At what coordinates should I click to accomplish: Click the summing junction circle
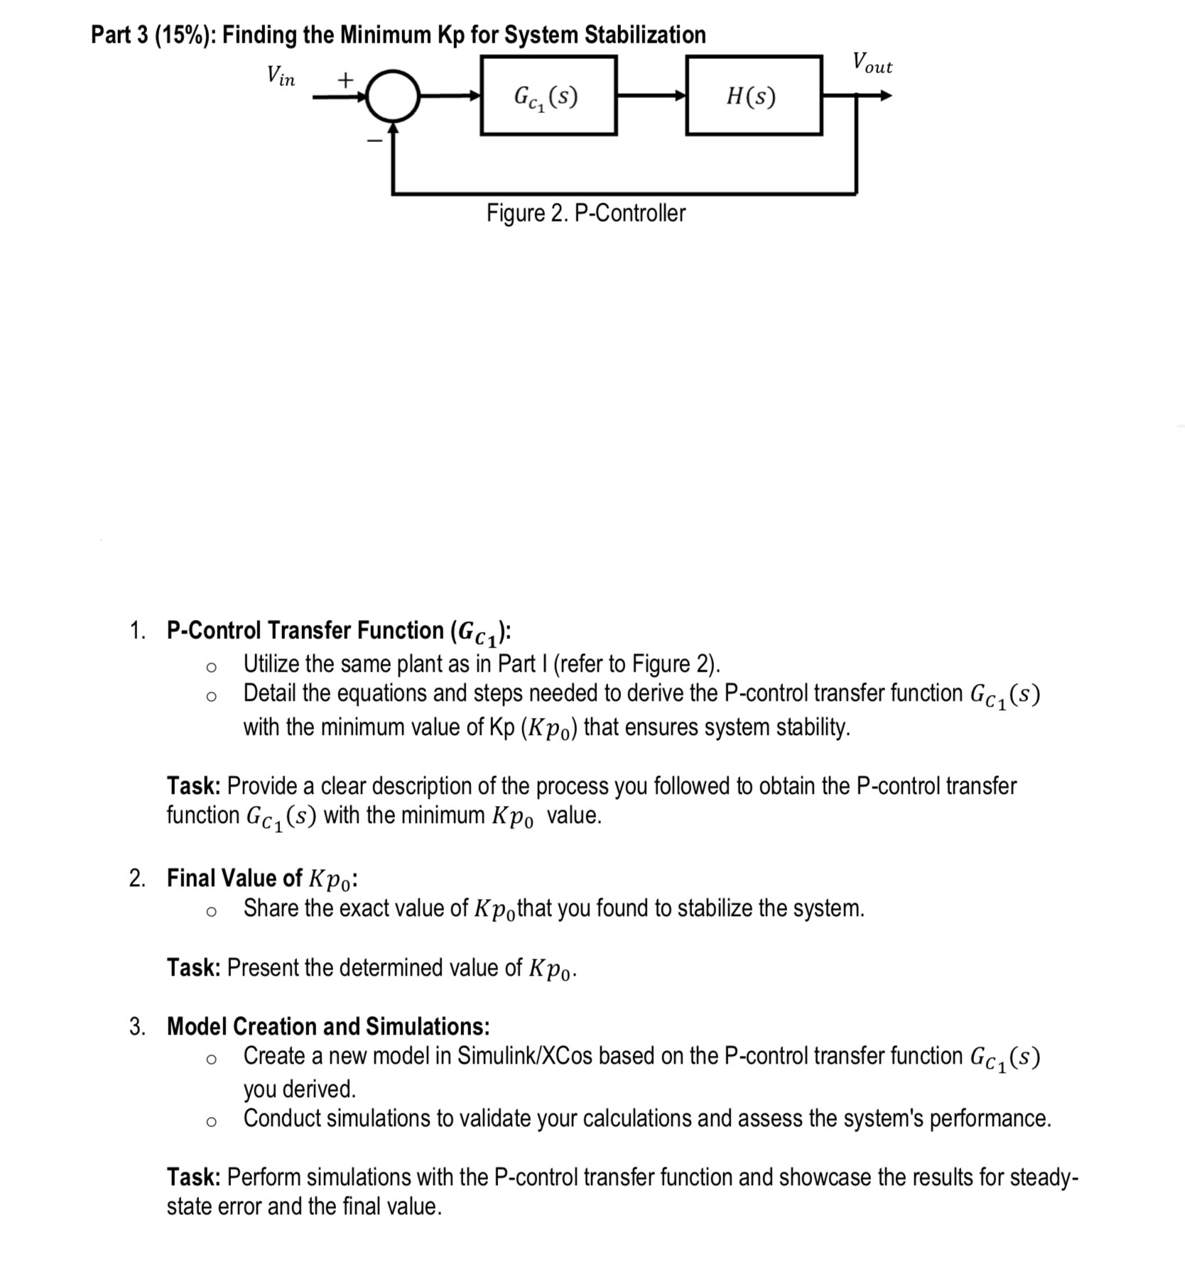click(393, 96)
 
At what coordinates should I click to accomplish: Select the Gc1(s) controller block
click(548, 96)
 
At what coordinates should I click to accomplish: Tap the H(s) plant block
click(754, 96)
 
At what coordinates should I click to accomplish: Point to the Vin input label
click(281, 75)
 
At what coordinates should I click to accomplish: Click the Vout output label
click(872, 63)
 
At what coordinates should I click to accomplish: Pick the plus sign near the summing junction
click(345, 80)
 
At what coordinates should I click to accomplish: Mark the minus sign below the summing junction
click(374, 141)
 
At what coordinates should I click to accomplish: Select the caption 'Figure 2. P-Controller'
click(586, 213)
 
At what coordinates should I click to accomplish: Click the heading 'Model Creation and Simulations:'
click(328, 1026)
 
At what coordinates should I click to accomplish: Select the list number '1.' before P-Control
click(138, 631)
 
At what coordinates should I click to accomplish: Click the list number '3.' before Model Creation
click(138, 1026)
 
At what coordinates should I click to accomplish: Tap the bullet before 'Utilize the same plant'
click(210, 666)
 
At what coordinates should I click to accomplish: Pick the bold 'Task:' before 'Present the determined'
click(194, 967)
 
